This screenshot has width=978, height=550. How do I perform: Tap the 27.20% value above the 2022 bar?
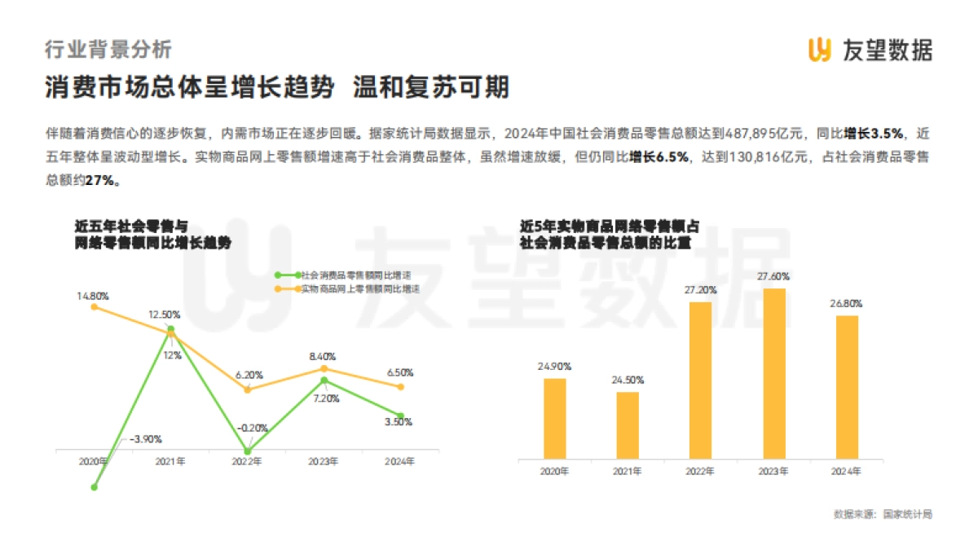pos(701,289)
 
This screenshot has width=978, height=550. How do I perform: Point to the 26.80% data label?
pos(848,303)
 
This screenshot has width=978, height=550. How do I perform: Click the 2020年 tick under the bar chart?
pos(554,472)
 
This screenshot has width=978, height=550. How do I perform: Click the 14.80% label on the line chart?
pos(94,295)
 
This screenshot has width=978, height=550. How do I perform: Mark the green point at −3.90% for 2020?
pos(95,486)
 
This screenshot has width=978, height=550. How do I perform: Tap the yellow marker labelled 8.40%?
pos(324,368)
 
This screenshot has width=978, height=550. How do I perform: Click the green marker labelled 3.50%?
pos(399,416)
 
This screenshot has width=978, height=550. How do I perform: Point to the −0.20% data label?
pos(253,428)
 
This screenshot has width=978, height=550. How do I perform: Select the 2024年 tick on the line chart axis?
pos(399,461)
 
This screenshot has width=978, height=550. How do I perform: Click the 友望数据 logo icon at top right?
pos(819,50)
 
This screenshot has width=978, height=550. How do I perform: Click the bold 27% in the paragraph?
pos(103,182)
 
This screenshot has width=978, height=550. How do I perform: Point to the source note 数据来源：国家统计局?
pos(883,514)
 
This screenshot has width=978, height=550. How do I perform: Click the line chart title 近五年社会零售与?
pos(130,226)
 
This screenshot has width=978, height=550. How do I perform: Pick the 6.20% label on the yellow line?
pos(249,375)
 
